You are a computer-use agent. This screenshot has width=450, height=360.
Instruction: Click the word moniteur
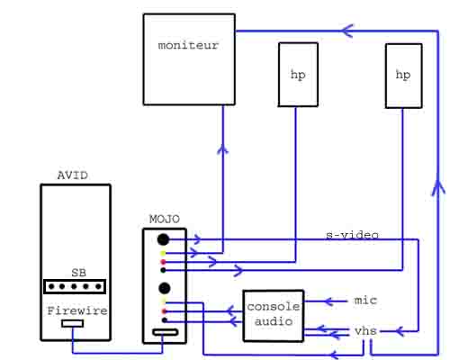[188, 45]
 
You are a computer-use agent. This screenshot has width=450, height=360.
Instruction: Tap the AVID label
[73, 175]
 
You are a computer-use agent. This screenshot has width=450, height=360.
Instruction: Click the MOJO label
[165, 219]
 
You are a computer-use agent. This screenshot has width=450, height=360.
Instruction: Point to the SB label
[79, 273]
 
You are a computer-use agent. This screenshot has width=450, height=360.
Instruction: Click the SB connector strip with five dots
[75, 286]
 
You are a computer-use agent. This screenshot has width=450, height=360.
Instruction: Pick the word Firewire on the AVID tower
[77, 310]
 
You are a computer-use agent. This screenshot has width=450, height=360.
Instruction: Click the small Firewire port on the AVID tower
[73, 323]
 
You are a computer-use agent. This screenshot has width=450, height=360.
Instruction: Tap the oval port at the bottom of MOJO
[166, 332]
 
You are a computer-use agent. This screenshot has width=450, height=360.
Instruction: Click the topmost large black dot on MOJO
[163, 239]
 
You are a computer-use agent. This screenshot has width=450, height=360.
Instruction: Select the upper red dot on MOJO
[163, 262]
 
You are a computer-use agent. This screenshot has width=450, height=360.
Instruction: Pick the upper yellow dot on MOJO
[163, 254]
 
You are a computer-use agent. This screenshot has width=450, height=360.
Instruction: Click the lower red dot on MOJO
[164, 311]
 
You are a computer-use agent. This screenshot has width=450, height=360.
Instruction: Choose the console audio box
[274, 316]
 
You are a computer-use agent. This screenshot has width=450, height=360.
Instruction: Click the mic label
[365, 300]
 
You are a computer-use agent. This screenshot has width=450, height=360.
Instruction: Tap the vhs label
[365, 331]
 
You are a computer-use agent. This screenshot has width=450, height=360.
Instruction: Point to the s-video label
[352, 235]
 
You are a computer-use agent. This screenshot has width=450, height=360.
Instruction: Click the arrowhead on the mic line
[328, 301]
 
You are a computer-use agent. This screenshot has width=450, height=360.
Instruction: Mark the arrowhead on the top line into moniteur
[347, 31]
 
